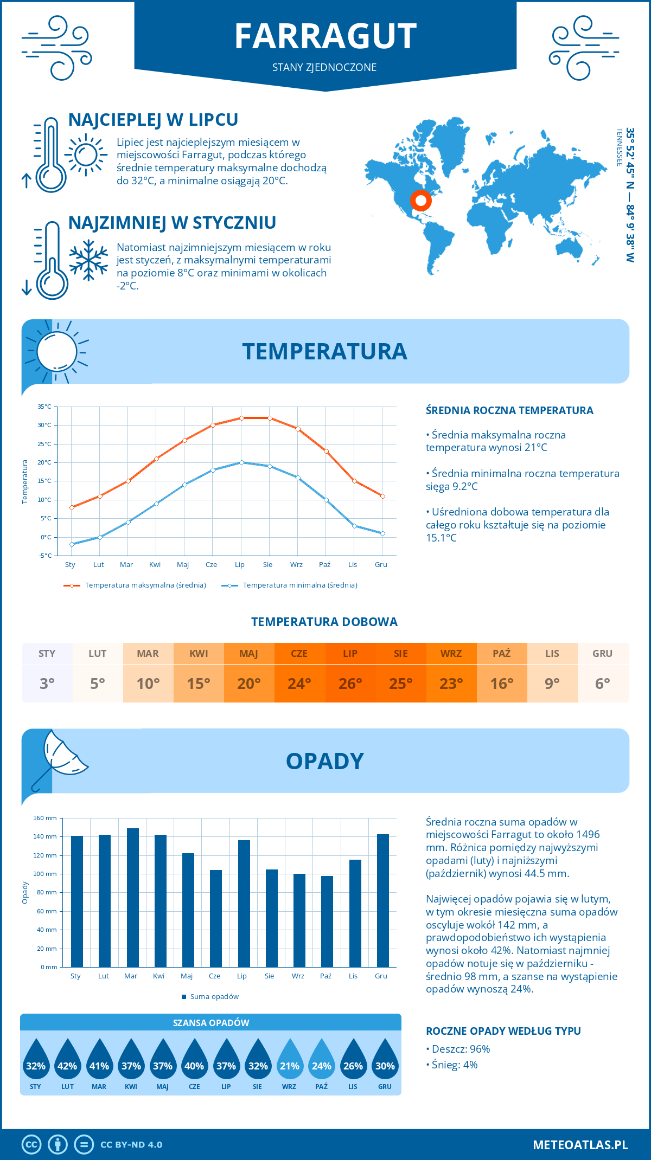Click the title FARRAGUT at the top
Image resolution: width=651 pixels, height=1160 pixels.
[325, 36]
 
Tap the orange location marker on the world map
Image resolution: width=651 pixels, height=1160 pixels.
[420, 200]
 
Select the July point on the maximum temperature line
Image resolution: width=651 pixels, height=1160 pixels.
[241, 418]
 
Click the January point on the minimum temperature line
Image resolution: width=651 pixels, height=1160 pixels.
[72, 544]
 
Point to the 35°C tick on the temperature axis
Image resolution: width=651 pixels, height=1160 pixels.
[44, 407]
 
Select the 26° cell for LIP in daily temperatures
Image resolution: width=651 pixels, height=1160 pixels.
[350, 683]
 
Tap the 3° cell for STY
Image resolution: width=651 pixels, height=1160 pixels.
[47, 683]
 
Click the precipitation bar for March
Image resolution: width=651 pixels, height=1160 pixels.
[132, 898]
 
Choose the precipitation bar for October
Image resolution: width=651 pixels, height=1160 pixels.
[327, 921]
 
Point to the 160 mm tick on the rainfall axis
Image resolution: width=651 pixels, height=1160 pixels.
[45, 818]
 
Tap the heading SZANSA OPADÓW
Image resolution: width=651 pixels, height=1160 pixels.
[210, 1023]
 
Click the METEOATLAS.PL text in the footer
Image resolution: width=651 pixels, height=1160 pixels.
[580, 1145]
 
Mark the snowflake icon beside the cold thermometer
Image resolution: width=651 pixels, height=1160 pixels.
[88, 260]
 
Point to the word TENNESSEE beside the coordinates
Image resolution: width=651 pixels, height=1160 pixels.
[619, 147]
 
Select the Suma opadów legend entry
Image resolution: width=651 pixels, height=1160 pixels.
[214, 997]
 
